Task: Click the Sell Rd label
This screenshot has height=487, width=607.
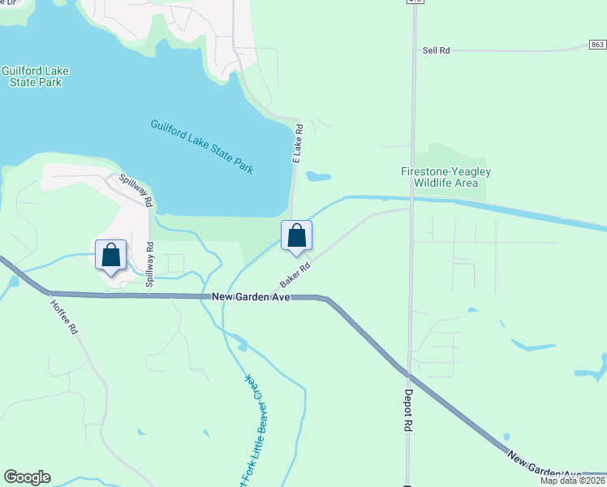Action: pyautogui.click(x=436, y=50)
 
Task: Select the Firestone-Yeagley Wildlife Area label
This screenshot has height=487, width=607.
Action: pyautogui.click(x=446, y=177)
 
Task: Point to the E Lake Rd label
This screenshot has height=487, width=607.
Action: pyautogui.click(x=297, y=144)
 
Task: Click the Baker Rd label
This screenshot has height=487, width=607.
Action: pyautogui.click(x=295, y=274)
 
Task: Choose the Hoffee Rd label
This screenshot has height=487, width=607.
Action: pyautogui.click(x=63, y=317)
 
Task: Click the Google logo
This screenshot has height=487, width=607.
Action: pyautogui.click(x=27, y=477)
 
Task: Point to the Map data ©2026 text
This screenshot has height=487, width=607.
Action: pyautogui.click(x=572, y=481)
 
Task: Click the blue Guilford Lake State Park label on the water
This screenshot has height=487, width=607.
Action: pyautogui.click(x=203, y=146)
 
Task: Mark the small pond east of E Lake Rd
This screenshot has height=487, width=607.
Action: pyautogui.click(x=319, y=176)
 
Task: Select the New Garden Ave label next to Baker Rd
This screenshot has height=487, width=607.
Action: pyautogui.click(x=251, y=298)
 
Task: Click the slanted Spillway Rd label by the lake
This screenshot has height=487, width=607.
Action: pyautogui.click(x=135, y=188)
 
